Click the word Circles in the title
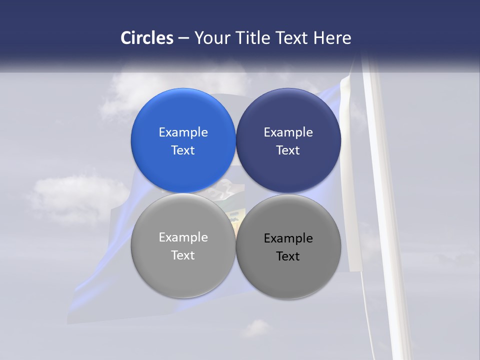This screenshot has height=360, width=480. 146,38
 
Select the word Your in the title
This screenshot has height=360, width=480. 212,38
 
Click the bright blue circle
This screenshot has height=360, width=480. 183,140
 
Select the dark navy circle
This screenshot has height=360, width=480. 288,140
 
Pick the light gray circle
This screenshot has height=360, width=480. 183,245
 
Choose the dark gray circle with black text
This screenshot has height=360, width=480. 288,246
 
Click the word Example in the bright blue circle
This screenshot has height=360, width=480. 183,132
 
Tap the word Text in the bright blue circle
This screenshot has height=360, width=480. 183,150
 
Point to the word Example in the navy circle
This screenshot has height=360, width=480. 288,132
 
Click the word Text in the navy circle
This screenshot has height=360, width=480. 288,150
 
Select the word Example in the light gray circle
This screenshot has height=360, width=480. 183,237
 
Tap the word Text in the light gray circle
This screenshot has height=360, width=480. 183,255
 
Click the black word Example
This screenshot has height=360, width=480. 288,238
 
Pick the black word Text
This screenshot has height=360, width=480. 288,256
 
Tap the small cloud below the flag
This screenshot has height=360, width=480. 256,328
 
